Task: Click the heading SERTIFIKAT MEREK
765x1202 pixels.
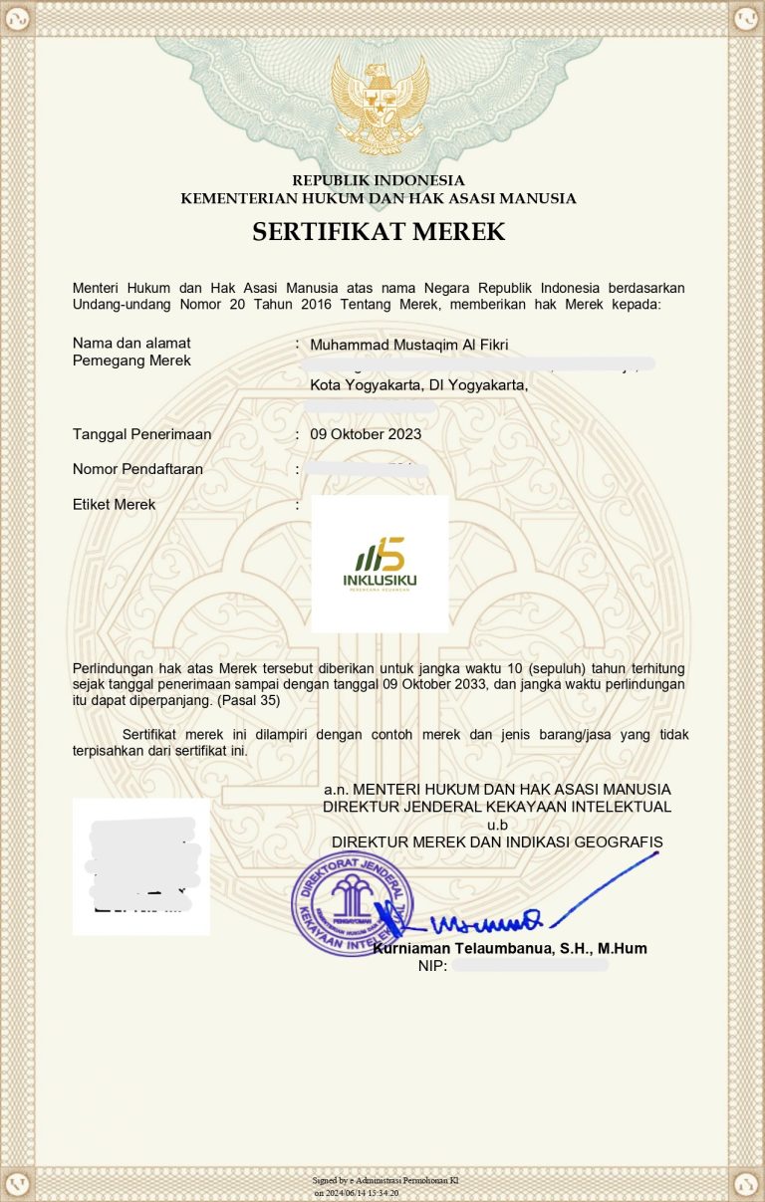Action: (379, 232)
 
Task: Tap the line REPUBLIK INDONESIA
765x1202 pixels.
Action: (379, 180)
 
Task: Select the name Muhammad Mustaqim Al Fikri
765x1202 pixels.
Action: (408, 345)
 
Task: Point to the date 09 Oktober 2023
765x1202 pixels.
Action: (366, 434)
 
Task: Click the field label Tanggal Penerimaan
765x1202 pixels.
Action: (141, 434)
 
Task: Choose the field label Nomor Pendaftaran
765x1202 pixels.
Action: (137, 469)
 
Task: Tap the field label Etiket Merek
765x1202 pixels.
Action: (115, 505)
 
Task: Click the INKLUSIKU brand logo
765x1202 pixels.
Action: (380, 564)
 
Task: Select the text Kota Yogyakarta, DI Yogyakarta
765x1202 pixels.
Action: (418, 384)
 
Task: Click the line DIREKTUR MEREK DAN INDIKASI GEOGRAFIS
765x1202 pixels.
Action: (497, 842)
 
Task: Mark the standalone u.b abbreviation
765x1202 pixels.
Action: (496, 825)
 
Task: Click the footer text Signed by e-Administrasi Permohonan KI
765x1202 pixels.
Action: (385, 1181)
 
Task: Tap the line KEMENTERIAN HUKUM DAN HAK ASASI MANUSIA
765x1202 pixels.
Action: (379, 198)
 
